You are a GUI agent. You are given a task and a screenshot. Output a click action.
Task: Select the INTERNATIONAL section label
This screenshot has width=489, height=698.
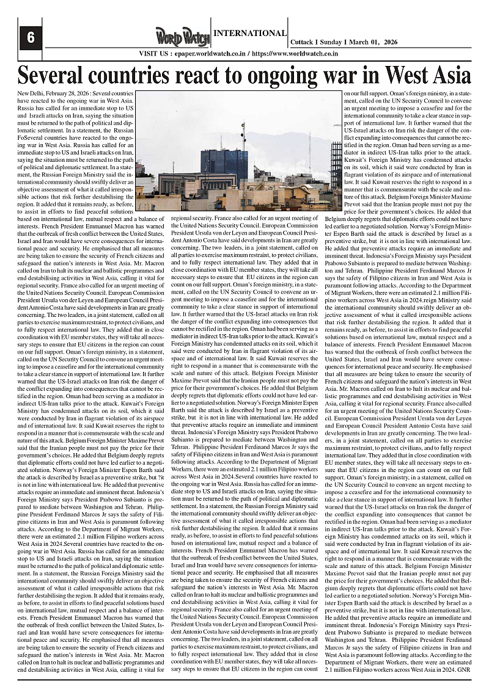(x=249, y=33)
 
